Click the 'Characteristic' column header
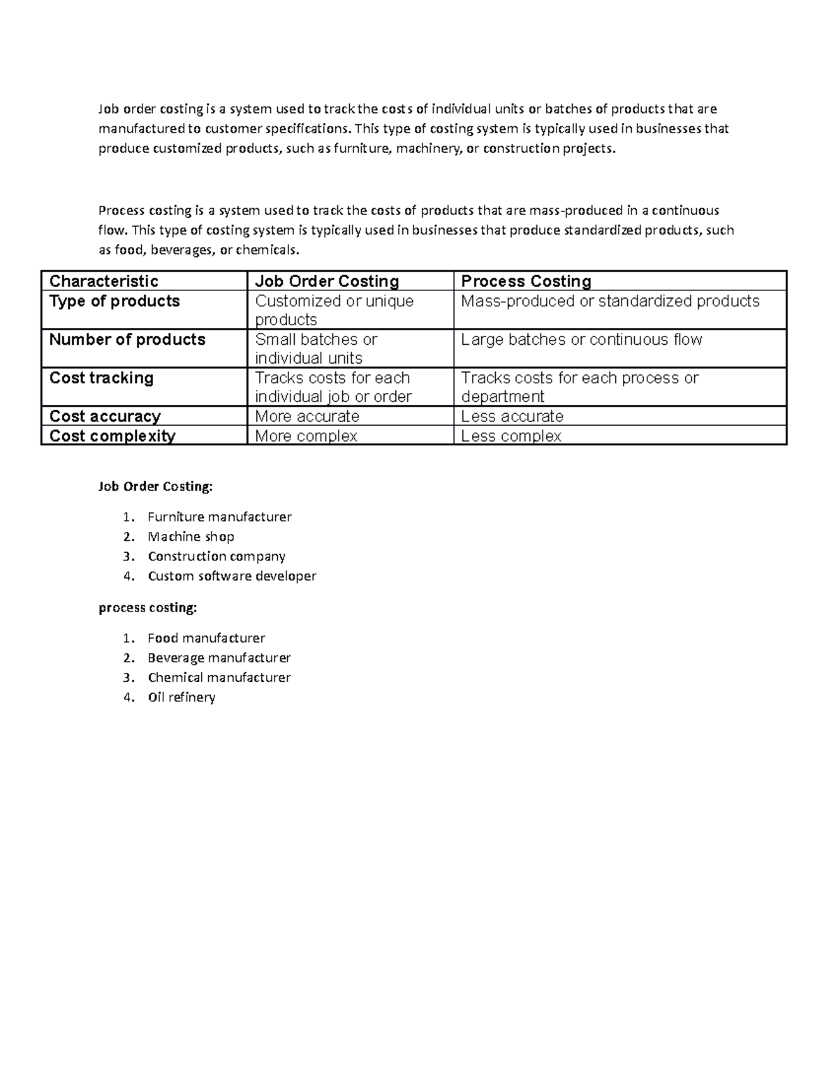click(103, 281)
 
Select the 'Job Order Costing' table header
click(327, 281)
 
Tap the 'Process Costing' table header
click(526, 281)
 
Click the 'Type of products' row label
click(115, 302)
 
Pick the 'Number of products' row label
click(127, 340)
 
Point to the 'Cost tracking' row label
click(101, 378)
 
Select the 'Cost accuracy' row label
click(105, 417)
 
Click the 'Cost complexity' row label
click(112, 436)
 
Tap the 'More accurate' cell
click(307, 417)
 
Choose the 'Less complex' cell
click(511, 436)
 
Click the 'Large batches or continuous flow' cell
click(581, 340)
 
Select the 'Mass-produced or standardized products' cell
click(610, 302)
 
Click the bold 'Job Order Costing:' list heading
click(155, 487)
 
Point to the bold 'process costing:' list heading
click(147, 608)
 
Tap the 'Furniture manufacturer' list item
click(219, 517)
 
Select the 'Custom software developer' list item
click(232, 576)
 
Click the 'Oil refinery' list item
click(182, 697)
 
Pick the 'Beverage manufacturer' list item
click(219, 658)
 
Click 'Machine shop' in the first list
click(191, 537)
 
